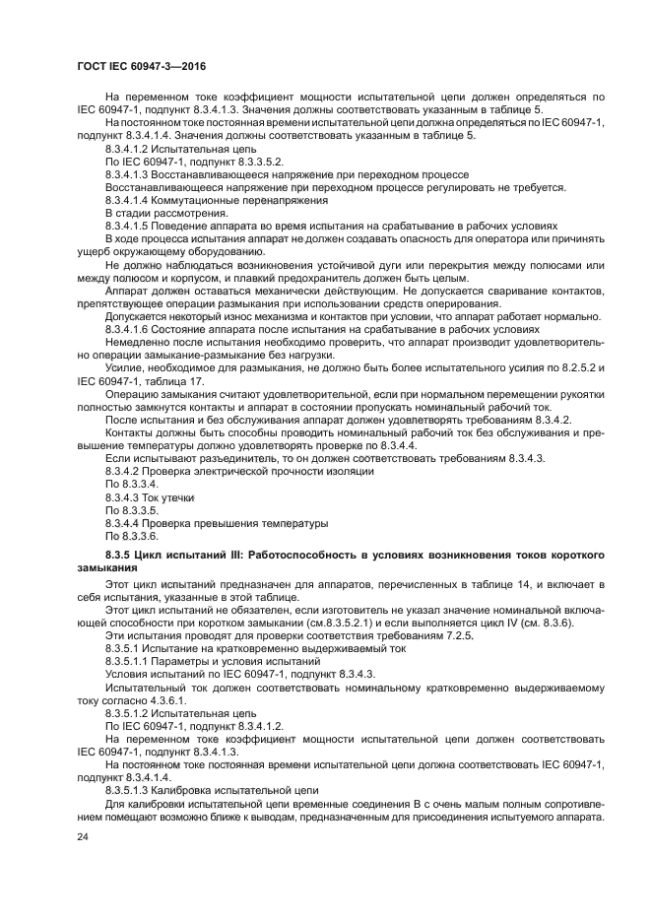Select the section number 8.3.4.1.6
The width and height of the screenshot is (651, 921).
point(132,328)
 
